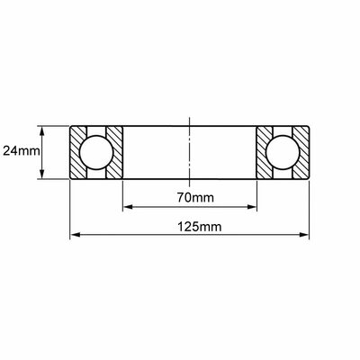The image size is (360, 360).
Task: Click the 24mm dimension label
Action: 22,151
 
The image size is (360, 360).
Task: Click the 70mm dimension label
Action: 195,198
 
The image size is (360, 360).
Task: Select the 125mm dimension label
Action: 200,227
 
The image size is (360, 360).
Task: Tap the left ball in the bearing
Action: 96,152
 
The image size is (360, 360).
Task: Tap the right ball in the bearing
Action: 283,152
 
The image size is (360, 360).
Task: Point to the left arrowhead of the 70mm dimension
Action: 128,207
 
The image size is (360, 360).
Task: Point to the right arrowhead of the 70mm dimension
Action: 252,207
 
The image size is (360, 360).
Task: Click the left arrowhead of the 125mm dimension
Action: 76,235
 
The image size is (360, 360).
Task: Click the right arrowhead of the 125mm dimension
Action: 303,235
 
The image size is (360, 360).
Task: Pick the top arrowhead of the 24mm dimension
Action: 42,131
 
